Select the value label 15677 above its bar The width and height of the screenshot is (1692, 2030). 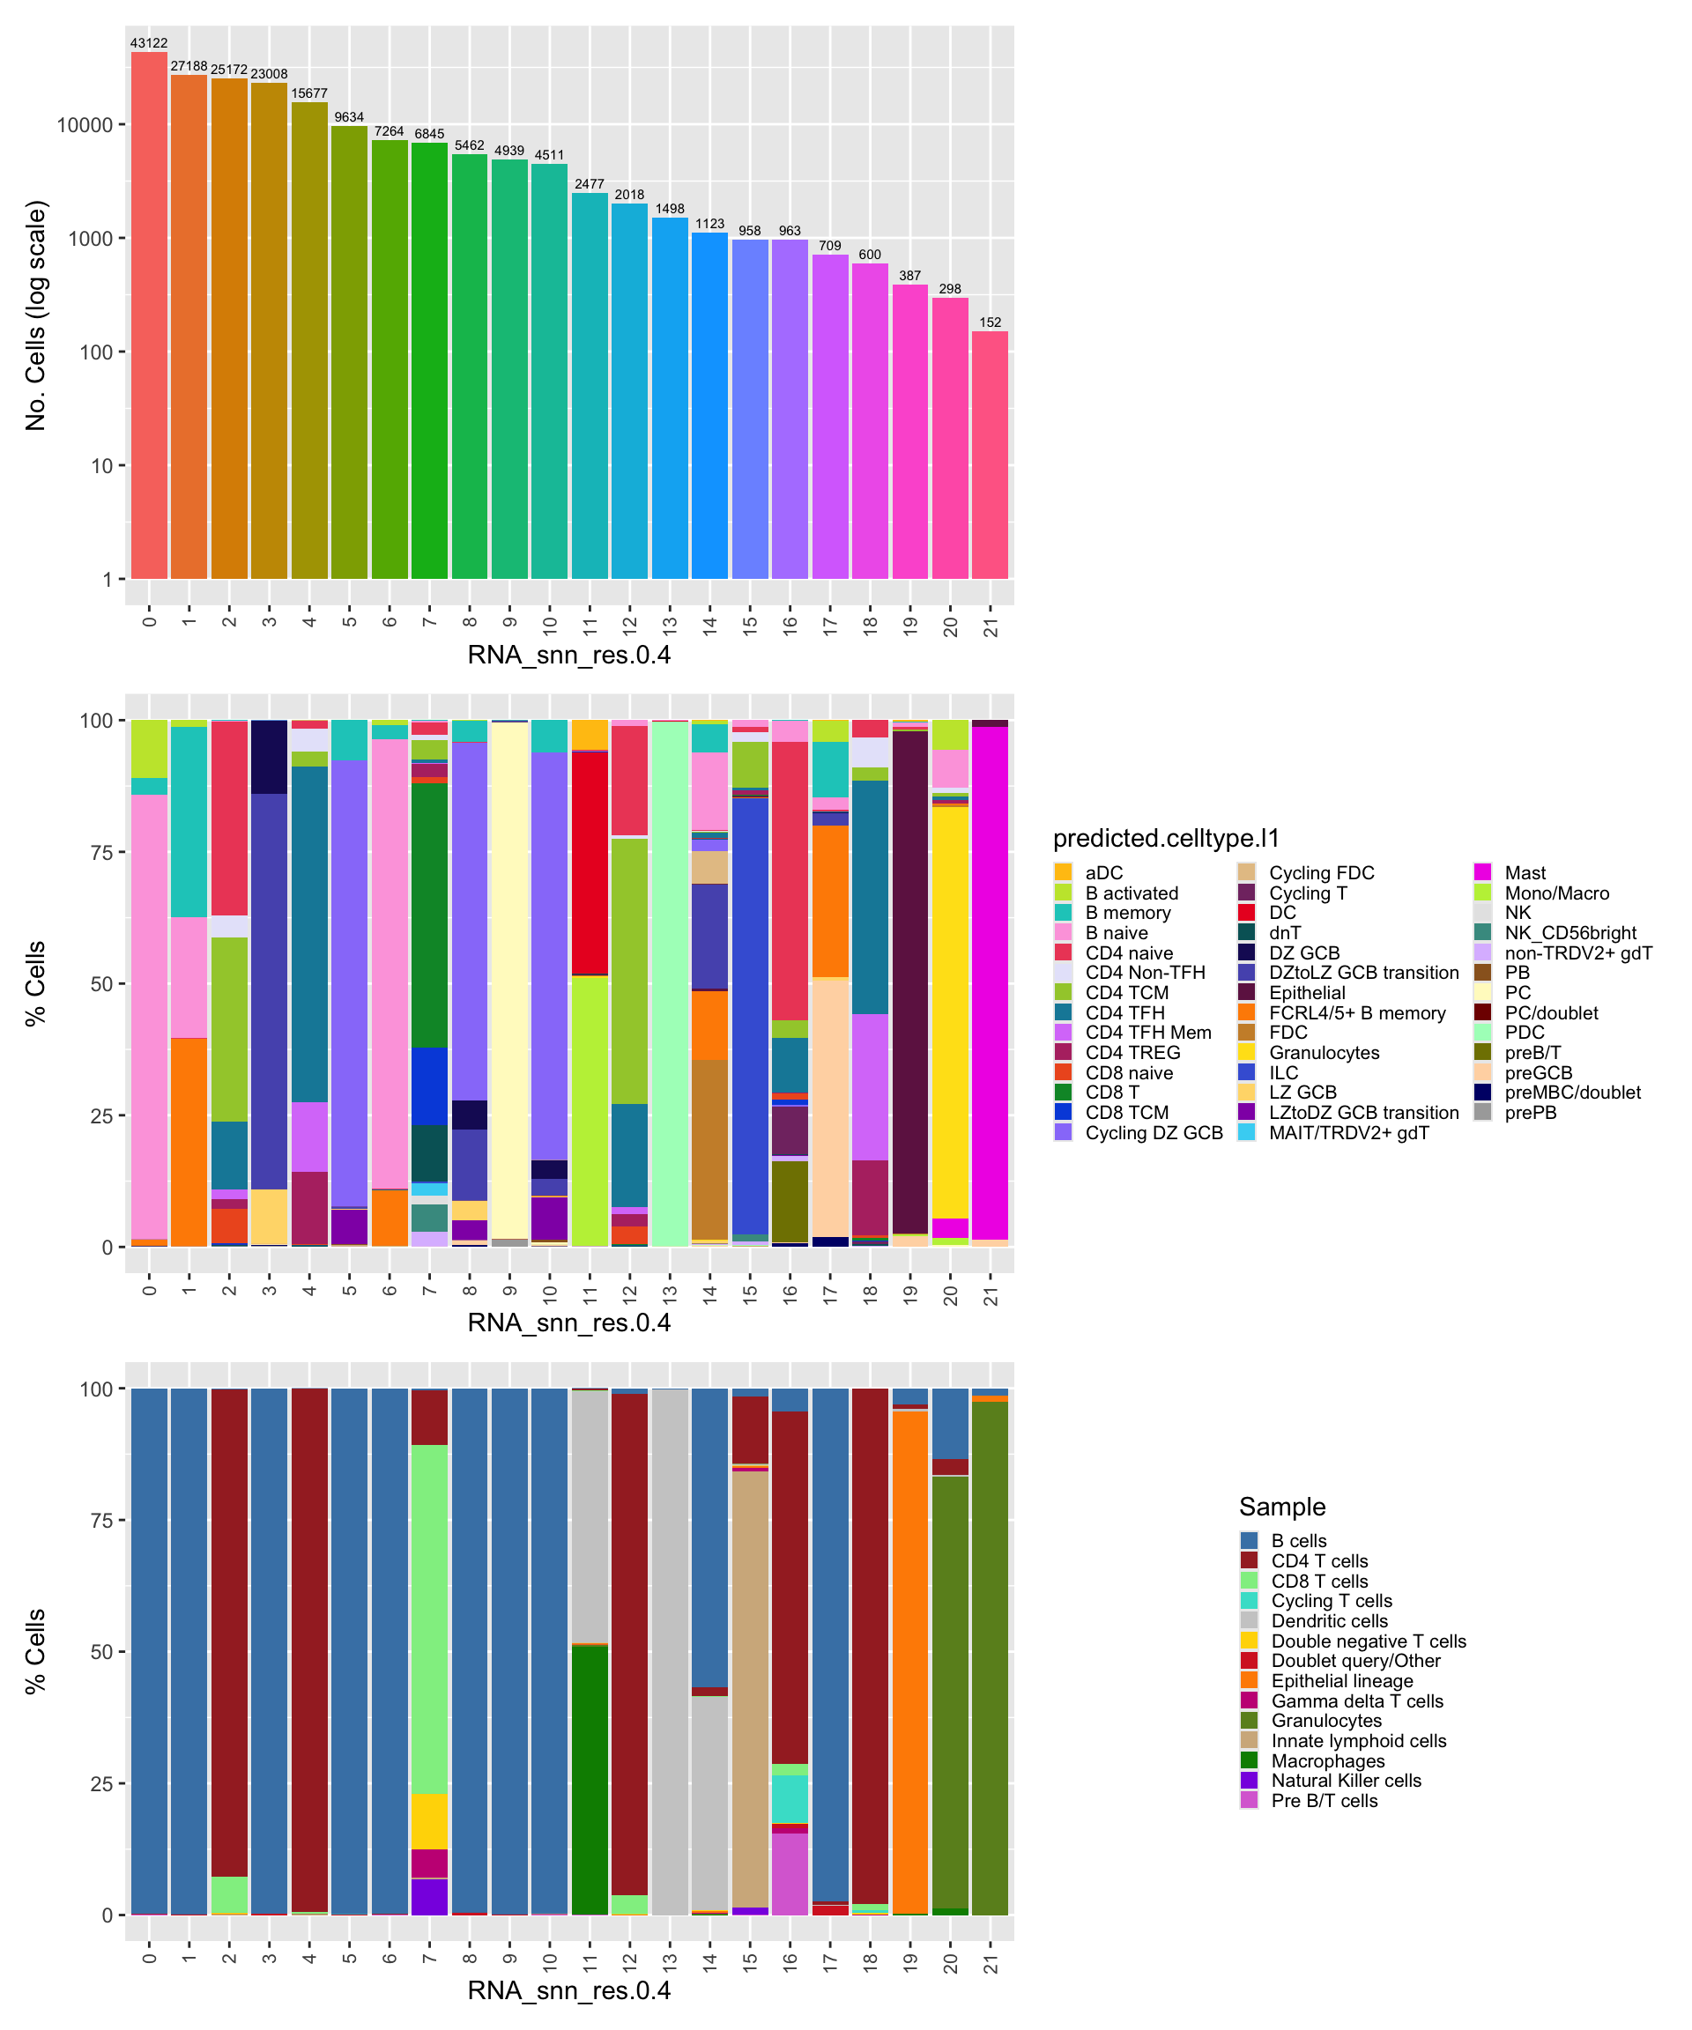[309, 93]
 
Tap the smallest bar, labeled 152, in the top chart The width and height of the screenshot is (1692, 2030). [989, 455]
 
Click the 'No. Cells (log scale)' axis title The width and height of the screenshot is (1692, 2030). [36, 315]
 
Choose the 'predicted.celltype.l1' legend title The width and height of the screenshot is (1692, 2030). [1165, 838]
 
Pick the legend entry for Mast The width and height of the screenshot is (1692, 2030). [1524, 873]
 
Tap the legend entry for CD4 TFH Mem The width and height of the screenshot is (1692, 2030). [1147, 1033]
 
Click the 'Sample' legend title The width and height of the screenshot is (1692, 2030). [1282, 1507]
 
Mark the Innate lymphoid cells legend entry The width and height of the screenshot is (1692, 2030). [1357, 1741]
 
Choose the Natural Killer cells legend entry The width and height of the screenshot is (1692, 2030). [1345, 1781]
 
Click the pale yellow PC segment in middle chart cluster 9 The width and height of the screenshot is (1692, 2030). [509, 982]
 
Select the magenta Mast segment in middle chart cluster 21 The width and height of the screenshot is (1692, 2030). [989, 982]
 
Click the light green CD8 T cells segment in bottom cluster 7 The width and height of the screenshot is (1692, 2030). [429, 1619]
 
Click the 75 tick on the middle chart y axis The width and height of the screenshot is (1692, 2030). [101, 853]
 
